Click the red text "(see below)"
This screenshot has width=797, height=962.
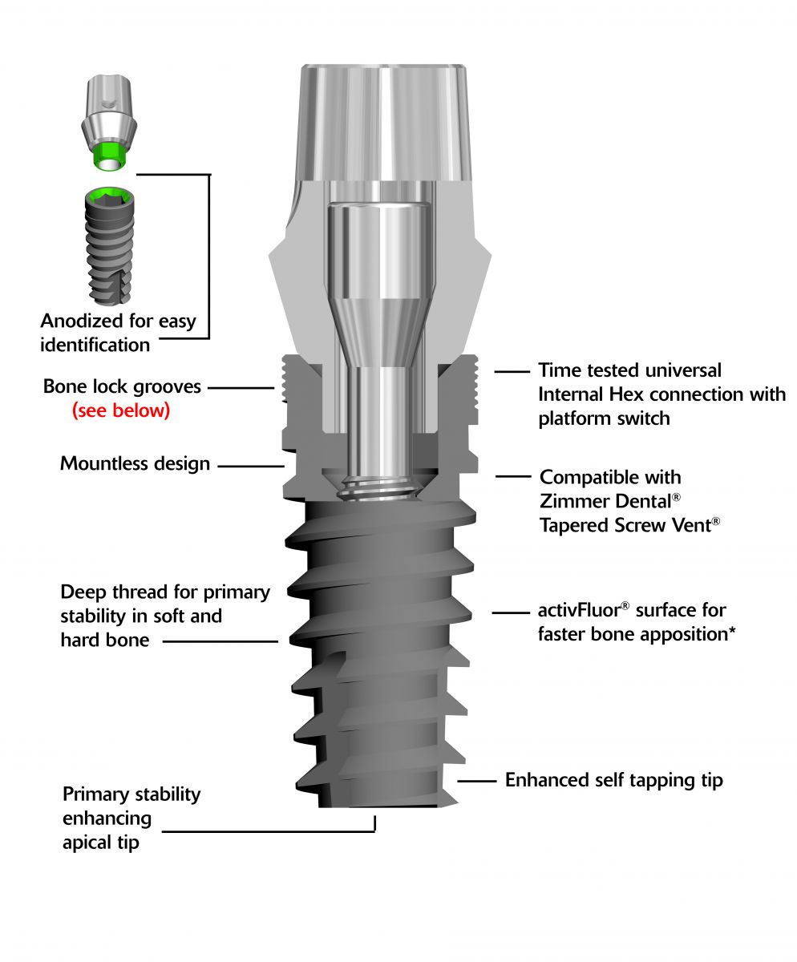pos(121,411)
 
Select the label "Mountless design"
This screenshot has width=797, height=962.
pos(135,463)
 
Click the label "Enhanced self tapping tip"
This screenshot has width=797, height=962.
pos(613,779)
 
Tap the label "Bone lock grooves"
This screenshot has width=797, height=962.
pos(122,387)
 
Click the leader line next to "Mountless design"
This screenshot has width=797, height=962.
pos(251,464)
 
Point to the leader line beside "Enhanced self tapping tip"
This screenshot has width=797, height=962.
pos(475,779)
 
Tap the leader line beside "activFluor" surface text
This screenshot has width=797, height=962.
pos(508,612)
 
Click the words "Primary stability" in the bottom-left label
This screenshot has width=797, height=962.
pos(131,794)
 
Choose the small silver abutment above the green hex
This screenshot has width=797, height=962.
pos(108,112)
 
